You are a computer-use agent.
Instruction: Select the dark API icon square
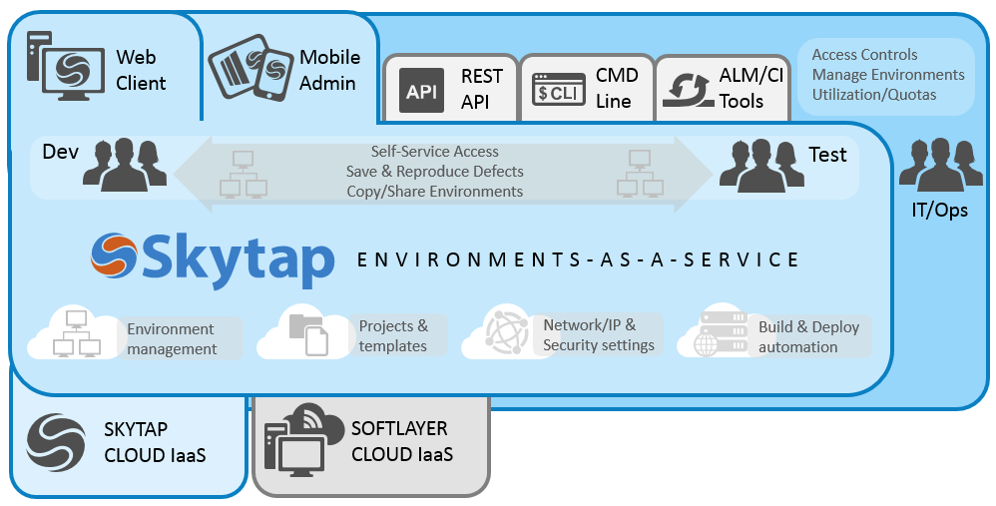coord(422,91)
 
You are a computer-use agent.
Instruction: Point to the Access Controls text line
coord(864,55)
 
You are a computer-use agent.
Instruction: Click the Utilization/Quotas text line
coord(874,95)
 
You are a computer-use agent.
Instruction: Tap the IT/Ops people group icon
coord(940,164)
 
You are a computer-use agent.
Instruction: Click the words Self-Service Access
coord(434,152)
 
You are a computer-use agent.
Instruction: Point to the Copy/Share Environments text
coord(434,191)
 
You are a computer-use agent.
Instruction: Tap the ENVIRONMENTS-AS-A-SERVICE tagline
coord(578,259)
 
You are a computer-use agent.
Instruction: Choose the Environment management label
coord(172,339)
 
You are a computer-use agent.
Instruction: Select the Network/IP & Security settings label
coord(599,335)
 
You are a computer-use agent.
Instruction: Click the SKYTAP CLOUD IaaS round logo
coord(58,442)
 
